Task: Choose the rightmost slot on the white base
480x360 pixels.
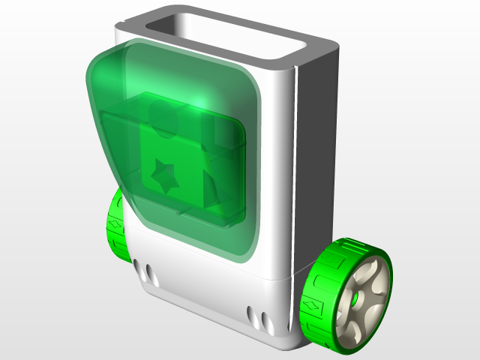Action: pyautogui.click(x=264, y=315)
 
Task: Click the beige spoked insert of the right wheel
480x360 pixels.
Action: pyautogui.click(x=367, y=292)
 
